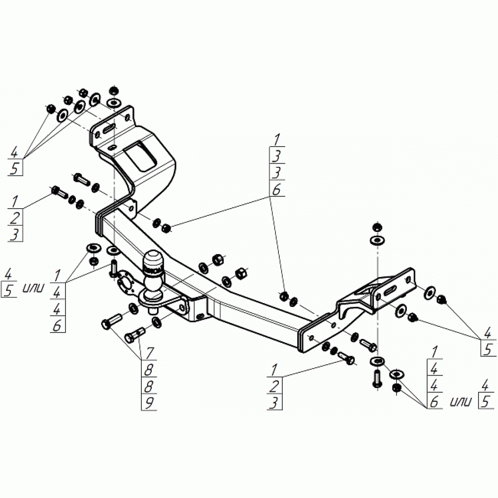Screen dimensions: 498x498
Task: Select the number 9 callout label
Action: [149, 403]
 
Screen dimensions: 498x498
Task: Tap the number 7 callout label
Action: [149, 352]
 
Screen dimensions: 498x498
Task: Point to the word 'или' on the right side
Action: [460, 403]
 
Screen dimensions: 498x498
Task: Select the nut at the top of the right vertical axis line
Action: [377, 227]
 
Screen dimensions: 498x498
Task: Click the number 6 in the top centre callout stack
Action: [277, 190]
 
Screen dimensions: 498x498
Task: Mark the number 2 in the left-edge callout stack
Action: [15, 218]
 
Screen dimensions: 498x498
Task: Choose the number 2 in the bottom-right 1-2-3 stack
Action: [274, 387]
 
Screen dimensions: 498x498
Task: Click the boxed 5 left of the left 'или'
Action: [9, 290]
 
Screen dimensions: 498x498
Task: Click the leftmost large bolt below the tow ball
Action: [111, 320]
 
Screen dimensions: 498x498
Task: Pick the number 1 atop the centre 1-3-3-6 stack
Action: [277, 139]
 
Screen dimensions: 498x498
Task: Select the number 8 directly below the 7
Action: [149, 369]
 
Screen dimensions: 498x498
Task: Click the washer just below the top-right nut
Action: [377, 240]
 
